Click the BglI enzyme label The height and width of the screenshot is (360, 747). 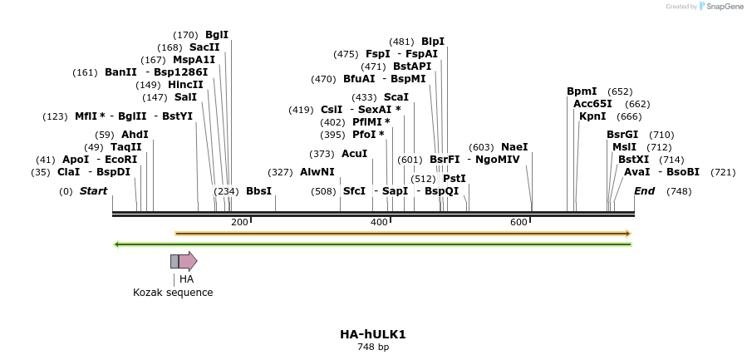(x=217, y=35)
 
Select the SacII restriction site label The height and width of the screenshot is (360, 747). (x=204, y=47)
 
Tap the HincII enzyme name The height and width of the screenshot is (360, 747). (x=185, y=85)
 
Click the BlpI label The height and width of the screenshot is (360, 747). (x=433, y=42)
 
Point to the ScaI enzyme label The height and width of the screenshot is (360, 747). (x=396, y=97)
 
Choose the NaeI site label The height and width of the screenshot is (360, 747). (x=514, y=147)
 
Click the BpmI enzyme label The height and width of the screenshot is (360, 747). (x=582, y=91)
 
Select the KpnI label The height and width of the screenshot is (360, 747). (x=592, y=116)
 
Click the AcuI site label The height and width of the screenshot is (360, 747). (x=354, y=154)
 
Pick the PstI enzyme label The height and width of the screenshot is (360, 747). (x=455, y=179)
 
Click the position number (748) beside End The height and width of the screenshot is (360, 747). (x=679, y=191)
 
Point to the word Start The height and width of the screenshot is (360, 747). (x=93, y=191)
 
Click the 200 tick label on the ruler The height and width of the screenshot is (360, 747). (x=239, y=222)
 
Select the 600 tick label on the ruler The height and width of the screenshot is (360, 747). (x=519, y=222)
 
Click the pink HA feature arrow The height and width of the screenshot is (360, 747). (x=187, y=261)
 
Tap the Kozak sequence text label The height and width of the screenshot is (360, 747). (x=173, y=293)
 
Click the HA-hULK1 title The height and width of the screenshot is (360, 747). (x=372, y=334)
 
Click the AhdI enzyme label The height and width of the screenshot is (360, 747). (x=135, y=135)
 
